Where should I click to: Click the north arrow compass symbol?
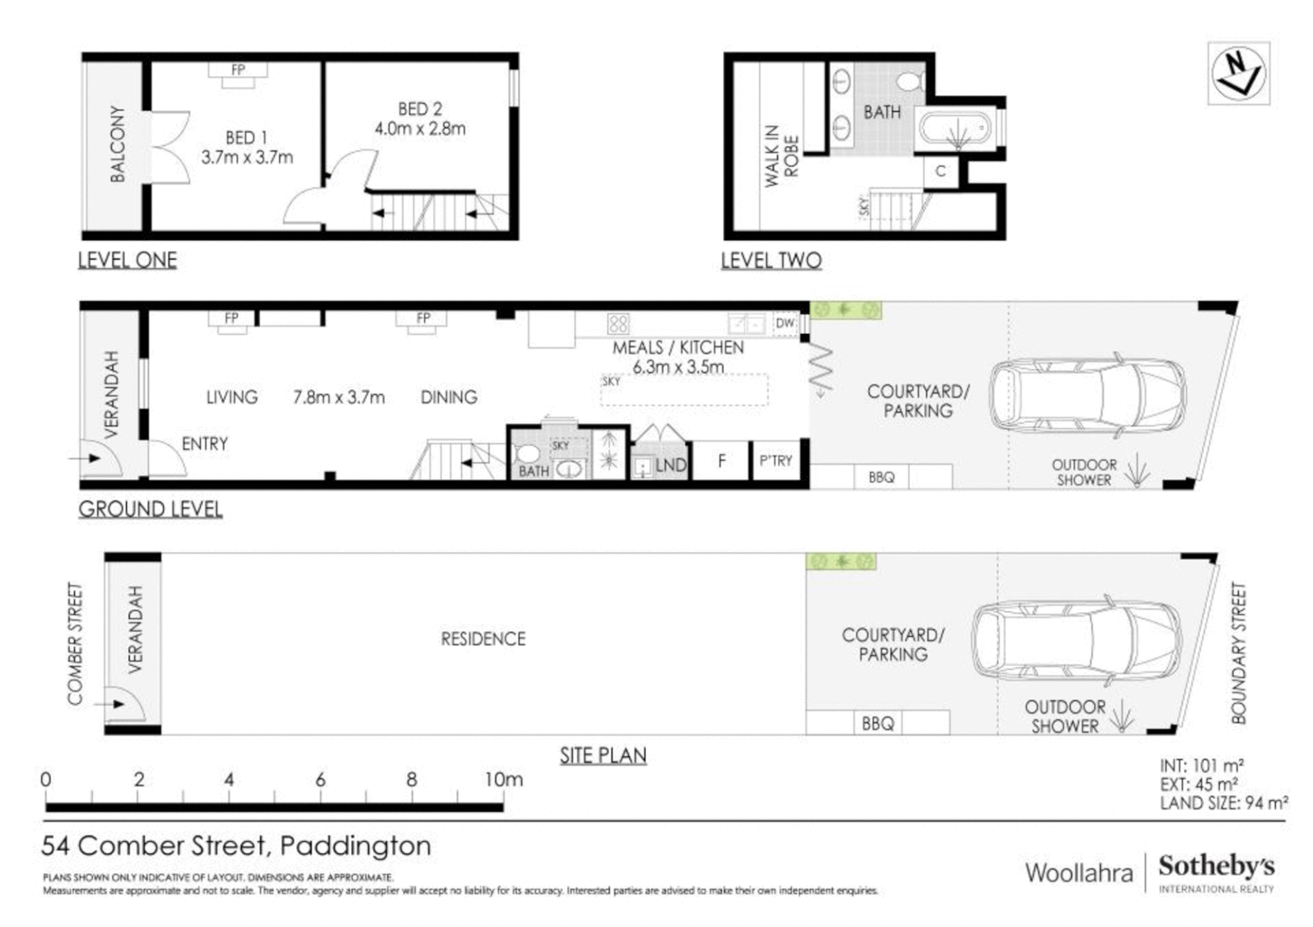point(1238,74)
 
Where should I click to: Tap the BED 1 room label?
point(246,137)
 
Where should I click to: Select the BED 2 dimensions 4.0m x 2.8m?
point(420,129)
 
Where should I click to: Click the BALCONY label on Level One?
point(117,144)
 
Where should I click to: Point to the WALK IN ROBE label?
point(781,155)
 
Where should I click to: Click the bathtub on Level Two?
point(956,129)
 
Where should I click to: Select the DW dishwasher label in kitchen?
point(784,324)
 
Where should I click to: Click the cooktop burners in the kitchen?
point(617,324)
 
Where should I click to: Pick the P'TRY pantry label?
point(775,461)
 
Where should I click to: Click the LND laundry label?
point(671,465)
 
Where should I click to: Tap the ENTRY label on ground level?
point(204,444)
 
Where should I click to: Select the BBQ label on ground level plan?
point(881,477)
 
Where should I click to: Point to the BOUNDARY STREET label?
point(1237,653)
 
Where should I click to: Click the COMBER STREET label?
point(76,644)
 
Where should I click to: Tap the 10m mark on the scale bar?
point(503,779)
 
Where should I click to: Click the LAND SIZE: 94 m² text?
point(1223,803)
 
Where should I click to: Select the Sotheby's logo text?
point(1216,866)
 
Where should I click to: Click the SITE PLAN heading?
point(603,755)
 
